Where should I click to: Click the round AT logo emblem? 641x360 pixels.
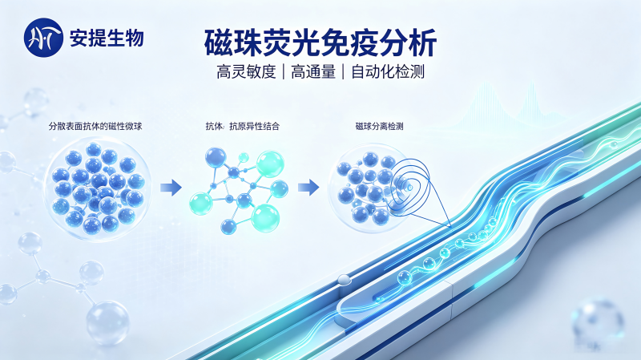(43, 37)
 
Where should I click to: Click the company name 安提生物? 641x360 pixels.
(107, 38)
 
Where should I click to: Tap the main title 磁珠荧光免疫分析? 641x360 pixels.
(320, 42)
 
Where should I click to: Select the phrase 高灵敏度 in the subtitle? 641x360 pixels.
(246, 72)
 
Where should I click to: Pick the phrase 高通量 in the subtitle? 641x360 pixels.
(313, 72)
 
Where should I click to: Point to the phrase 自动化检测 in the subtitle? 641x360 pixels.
(388, 72)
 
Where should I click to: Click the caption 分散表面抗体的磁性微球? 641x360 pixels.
(95, 126)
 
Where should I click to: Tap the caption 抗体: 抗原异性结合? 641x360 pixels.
(243, 126)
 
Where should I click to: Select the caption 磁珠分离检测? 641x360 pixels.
(379, 126)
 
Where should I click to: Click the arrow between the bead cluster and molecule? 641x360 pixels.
(171, 188)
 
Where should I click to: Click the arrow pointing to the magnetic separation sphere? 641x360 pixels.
(308, 188)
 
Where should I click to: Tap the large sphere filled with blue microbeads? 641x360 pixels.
(96, 188)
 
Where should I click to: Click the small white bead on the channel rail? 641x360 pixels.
(344, 279)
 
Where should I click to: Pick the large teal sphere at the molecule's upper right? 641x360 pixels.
(270, 164)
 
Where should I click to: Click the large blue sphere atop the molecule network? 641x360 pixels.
(216, 158)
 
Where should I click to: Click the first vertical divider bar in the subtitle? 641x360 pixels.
(284, 72)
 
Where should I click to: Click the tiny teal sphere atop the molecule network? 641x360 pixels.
(244, 157)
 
